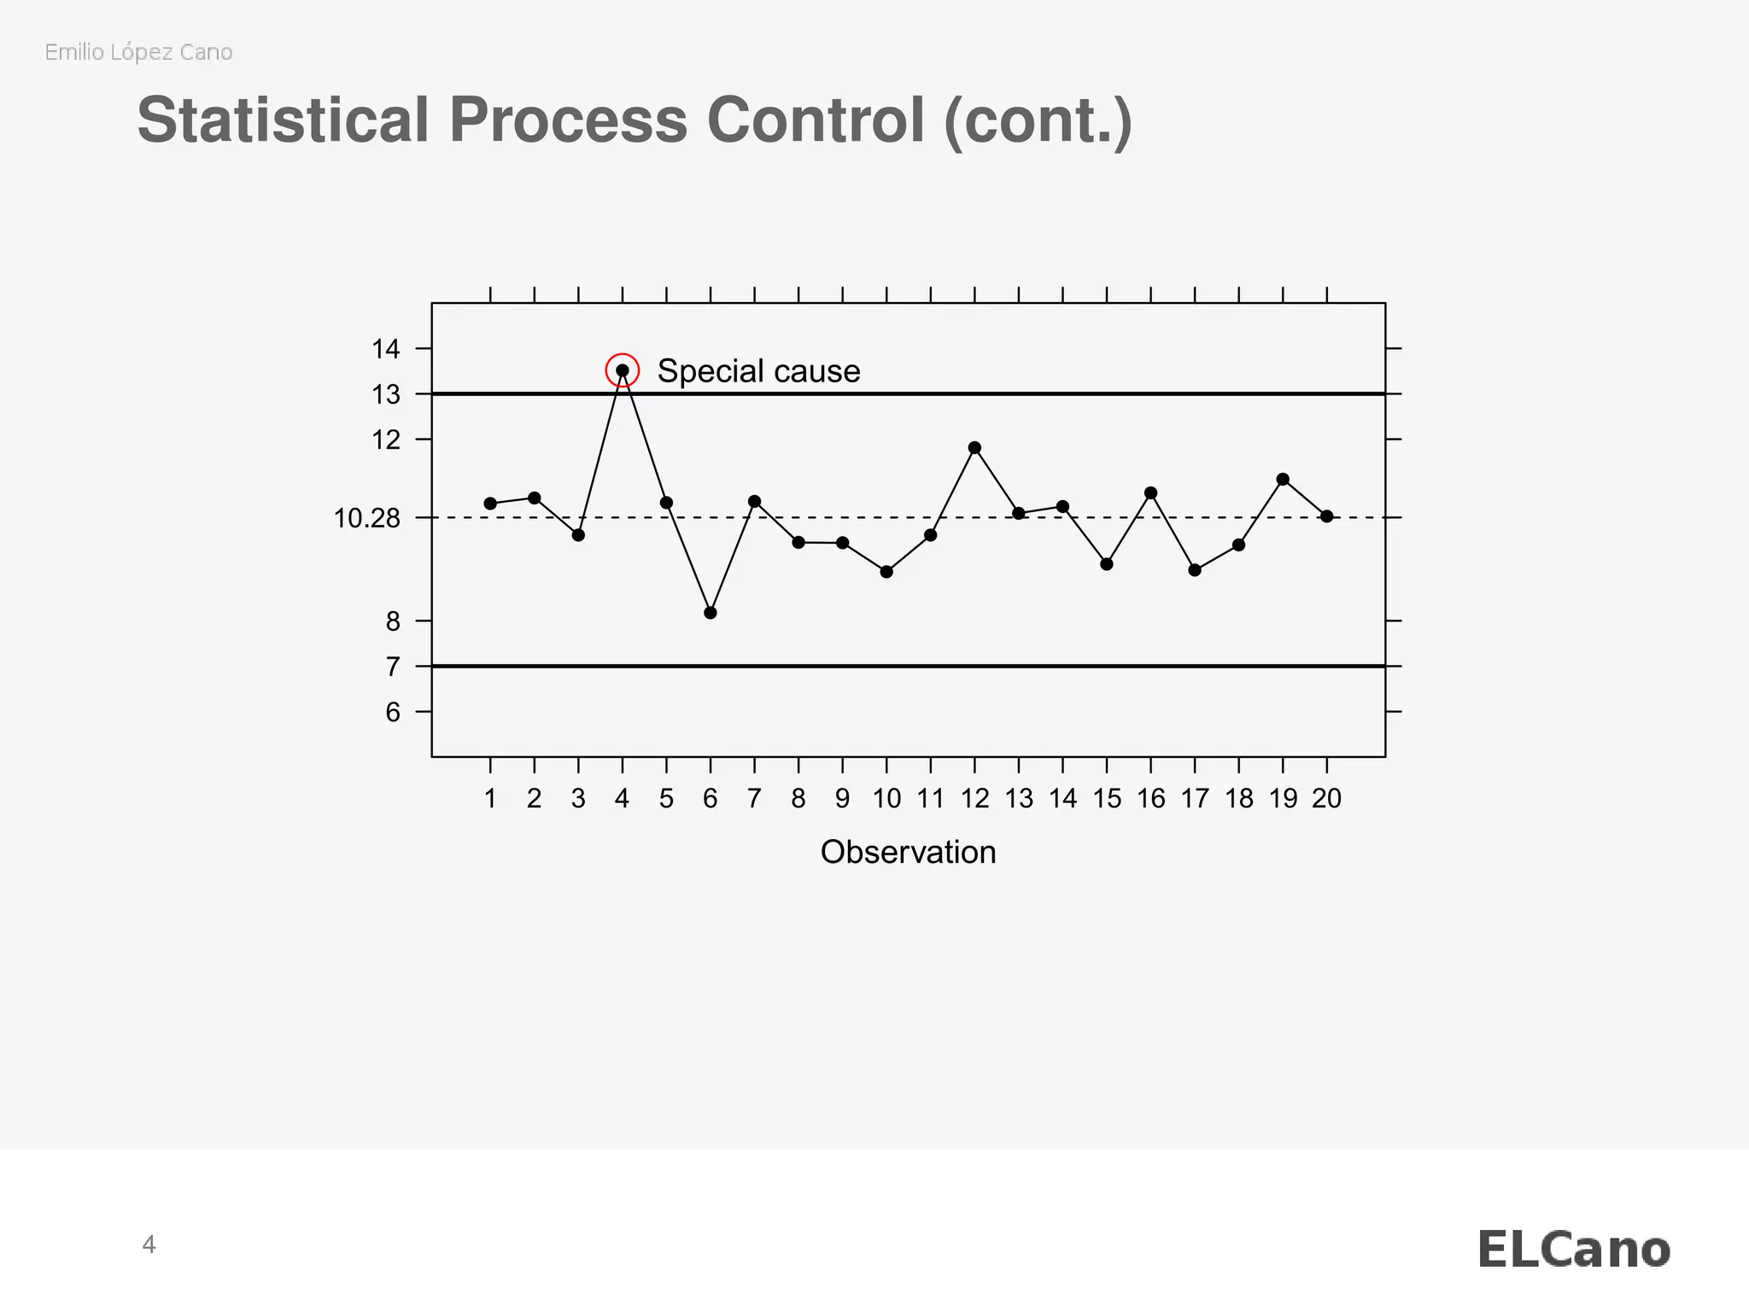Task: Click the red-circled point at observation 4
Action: [x=623, y=370]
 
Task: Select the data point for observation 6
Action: [x=711, y=613]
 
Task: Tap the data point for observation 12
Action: [x=974, y=448]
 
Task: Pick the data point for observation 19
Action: [x=1283, y=480]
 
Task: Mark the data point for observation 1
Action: [x=490, y=504]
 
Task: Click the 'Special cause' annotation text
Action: [x=758, y=371]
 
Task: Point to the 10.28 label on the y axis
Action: [x=366, y=518]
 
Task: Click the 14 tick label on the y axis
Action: [x=386, y=349]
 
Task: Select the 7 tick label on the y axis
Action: [x=393, y=667]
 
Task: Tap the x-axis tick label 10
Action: [x=886, y=799]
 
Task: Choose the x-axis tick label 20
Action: [x=1326, y=799]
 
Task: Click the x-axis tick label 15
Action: [x=1107, y=799]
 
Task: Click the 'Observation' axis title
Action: [x=908, y=853]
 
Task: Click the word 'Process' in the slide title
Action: [x=568, y=119]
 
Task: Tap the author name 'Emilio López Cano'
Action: [x=138, y=52]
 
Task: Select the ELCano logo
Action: [x=1573, y=1250]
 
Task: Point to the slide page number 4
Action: [x=149, y=1245]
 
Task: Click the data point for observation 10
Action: [x=886, y=572]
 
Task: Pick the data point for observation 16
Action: [x=1150, y=493]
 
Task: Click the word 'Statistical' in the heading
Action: [x=283, y=119]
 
